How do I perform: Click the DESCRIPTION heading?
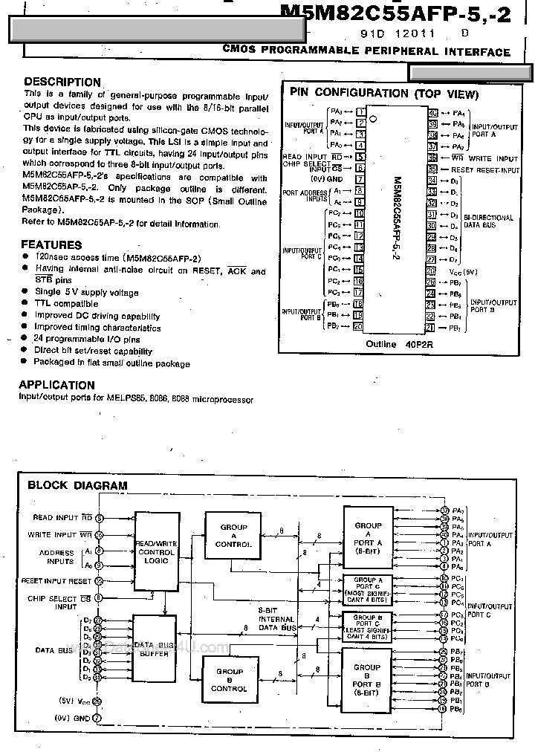[62, 82]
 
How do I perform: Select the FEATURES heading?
[51, 244]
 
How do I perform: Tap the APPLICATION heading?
[56, 385]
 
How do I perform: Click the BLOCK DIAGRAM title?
[77, 485]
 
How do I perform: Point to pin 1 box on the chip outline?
[360, 111]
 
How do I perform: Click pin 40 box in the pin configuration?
[432, 113]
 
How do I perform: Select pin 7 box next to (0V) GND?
[360, 179]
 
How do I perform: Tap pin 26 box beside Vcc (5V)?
[431, 271]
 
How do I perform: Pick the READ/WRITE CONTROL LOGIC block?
[155, 552]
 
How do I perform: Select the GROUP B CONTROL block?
[228, 679]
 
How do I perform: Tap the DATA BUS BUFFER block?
[155, 647]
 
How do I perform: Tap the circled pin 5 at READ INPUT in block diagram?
[99, 517]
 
